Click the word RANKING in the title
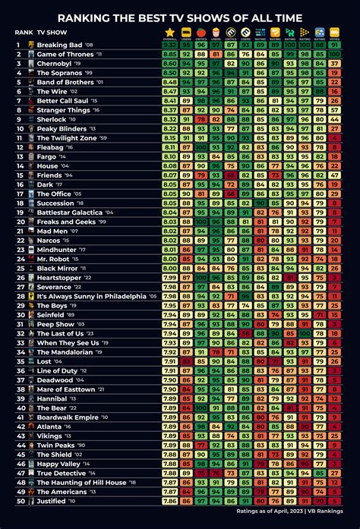(84, 17)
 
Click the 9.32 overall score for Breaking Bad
(169, 45)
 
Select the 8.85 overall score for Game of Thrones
(169, 54)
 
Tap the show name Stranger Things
(63, 110)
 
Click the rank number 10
(19, 129)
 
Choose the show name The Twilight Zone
(65, 138)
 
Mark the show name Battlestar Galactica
(70, 213)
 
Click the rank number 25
(19, 269)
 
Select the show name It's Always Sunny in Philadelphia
(91, 297)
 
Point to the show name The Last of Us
(61, 334)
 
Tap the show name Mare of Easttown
(65, 389)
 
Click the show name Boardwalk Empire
(68, 417)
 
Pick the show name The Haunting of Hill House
(81, 483)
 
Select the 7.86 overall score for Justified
(169, 501)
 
